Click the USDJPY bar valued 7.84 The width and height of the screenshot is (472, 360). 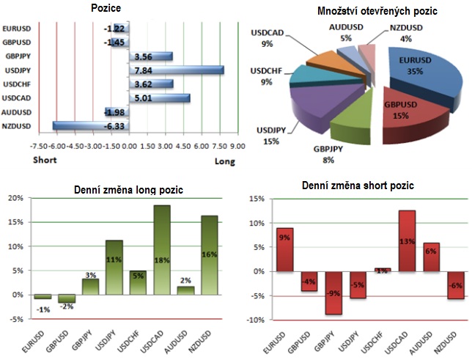click(x=176, y=70)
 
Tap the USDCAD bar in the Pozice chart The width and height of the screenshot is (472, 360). click(x=160, y=98)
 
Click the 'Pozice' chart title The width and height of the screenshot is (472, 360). click(x=106, y=8)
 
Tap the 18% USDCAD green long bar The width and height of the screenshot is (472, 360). click(x=162, y=251)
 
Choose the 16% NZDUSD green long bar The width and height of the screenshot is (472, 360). click(x=210, y=257)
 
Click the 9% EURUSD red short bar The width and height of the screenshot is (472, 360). click(x=285, y=249)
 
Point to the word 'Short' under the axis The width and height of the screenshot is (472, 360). click(x=46, y=160)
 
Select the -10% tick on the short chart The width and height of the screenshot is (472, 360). click(x=256, y=320)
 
